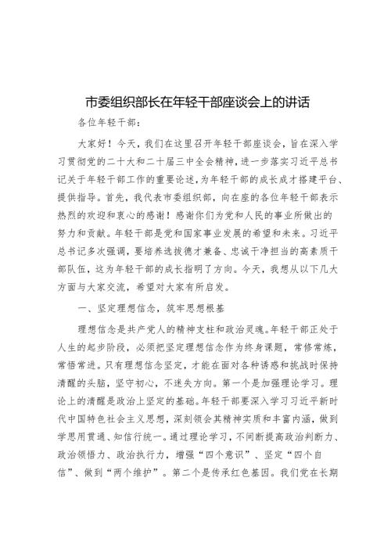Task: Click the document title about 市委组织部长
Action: tap(195, 102)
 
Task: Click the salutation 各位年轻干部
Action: tap(109, 124)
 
